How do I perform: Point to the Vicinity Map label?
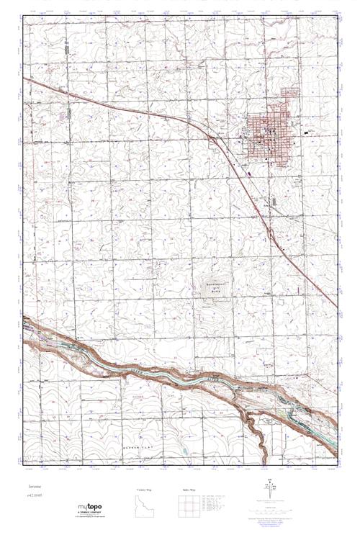point(146,490)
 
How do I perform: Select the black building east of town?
point(308,132)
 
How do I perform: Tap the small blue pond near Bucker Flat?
point(183,451)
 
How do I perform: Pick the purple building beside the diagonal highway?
point(249,172)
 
